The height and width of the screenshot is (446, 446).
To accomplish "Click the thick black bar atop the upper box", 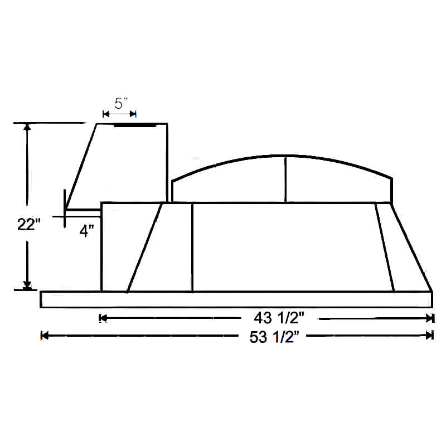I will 134,125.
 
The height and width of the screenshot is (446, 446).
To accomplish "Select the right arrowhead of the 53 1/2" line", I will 429,336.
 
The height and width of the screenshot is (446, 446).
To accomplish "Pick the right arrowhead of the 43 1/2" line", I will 429,318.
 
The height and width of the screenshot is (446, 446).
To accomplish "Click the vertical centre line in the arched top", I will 285,179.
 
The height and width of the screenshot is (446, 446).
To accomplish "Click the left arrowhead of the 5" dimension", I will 106,114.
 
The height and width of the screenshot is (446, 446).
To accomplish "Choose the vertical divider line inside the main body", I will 192,247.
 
